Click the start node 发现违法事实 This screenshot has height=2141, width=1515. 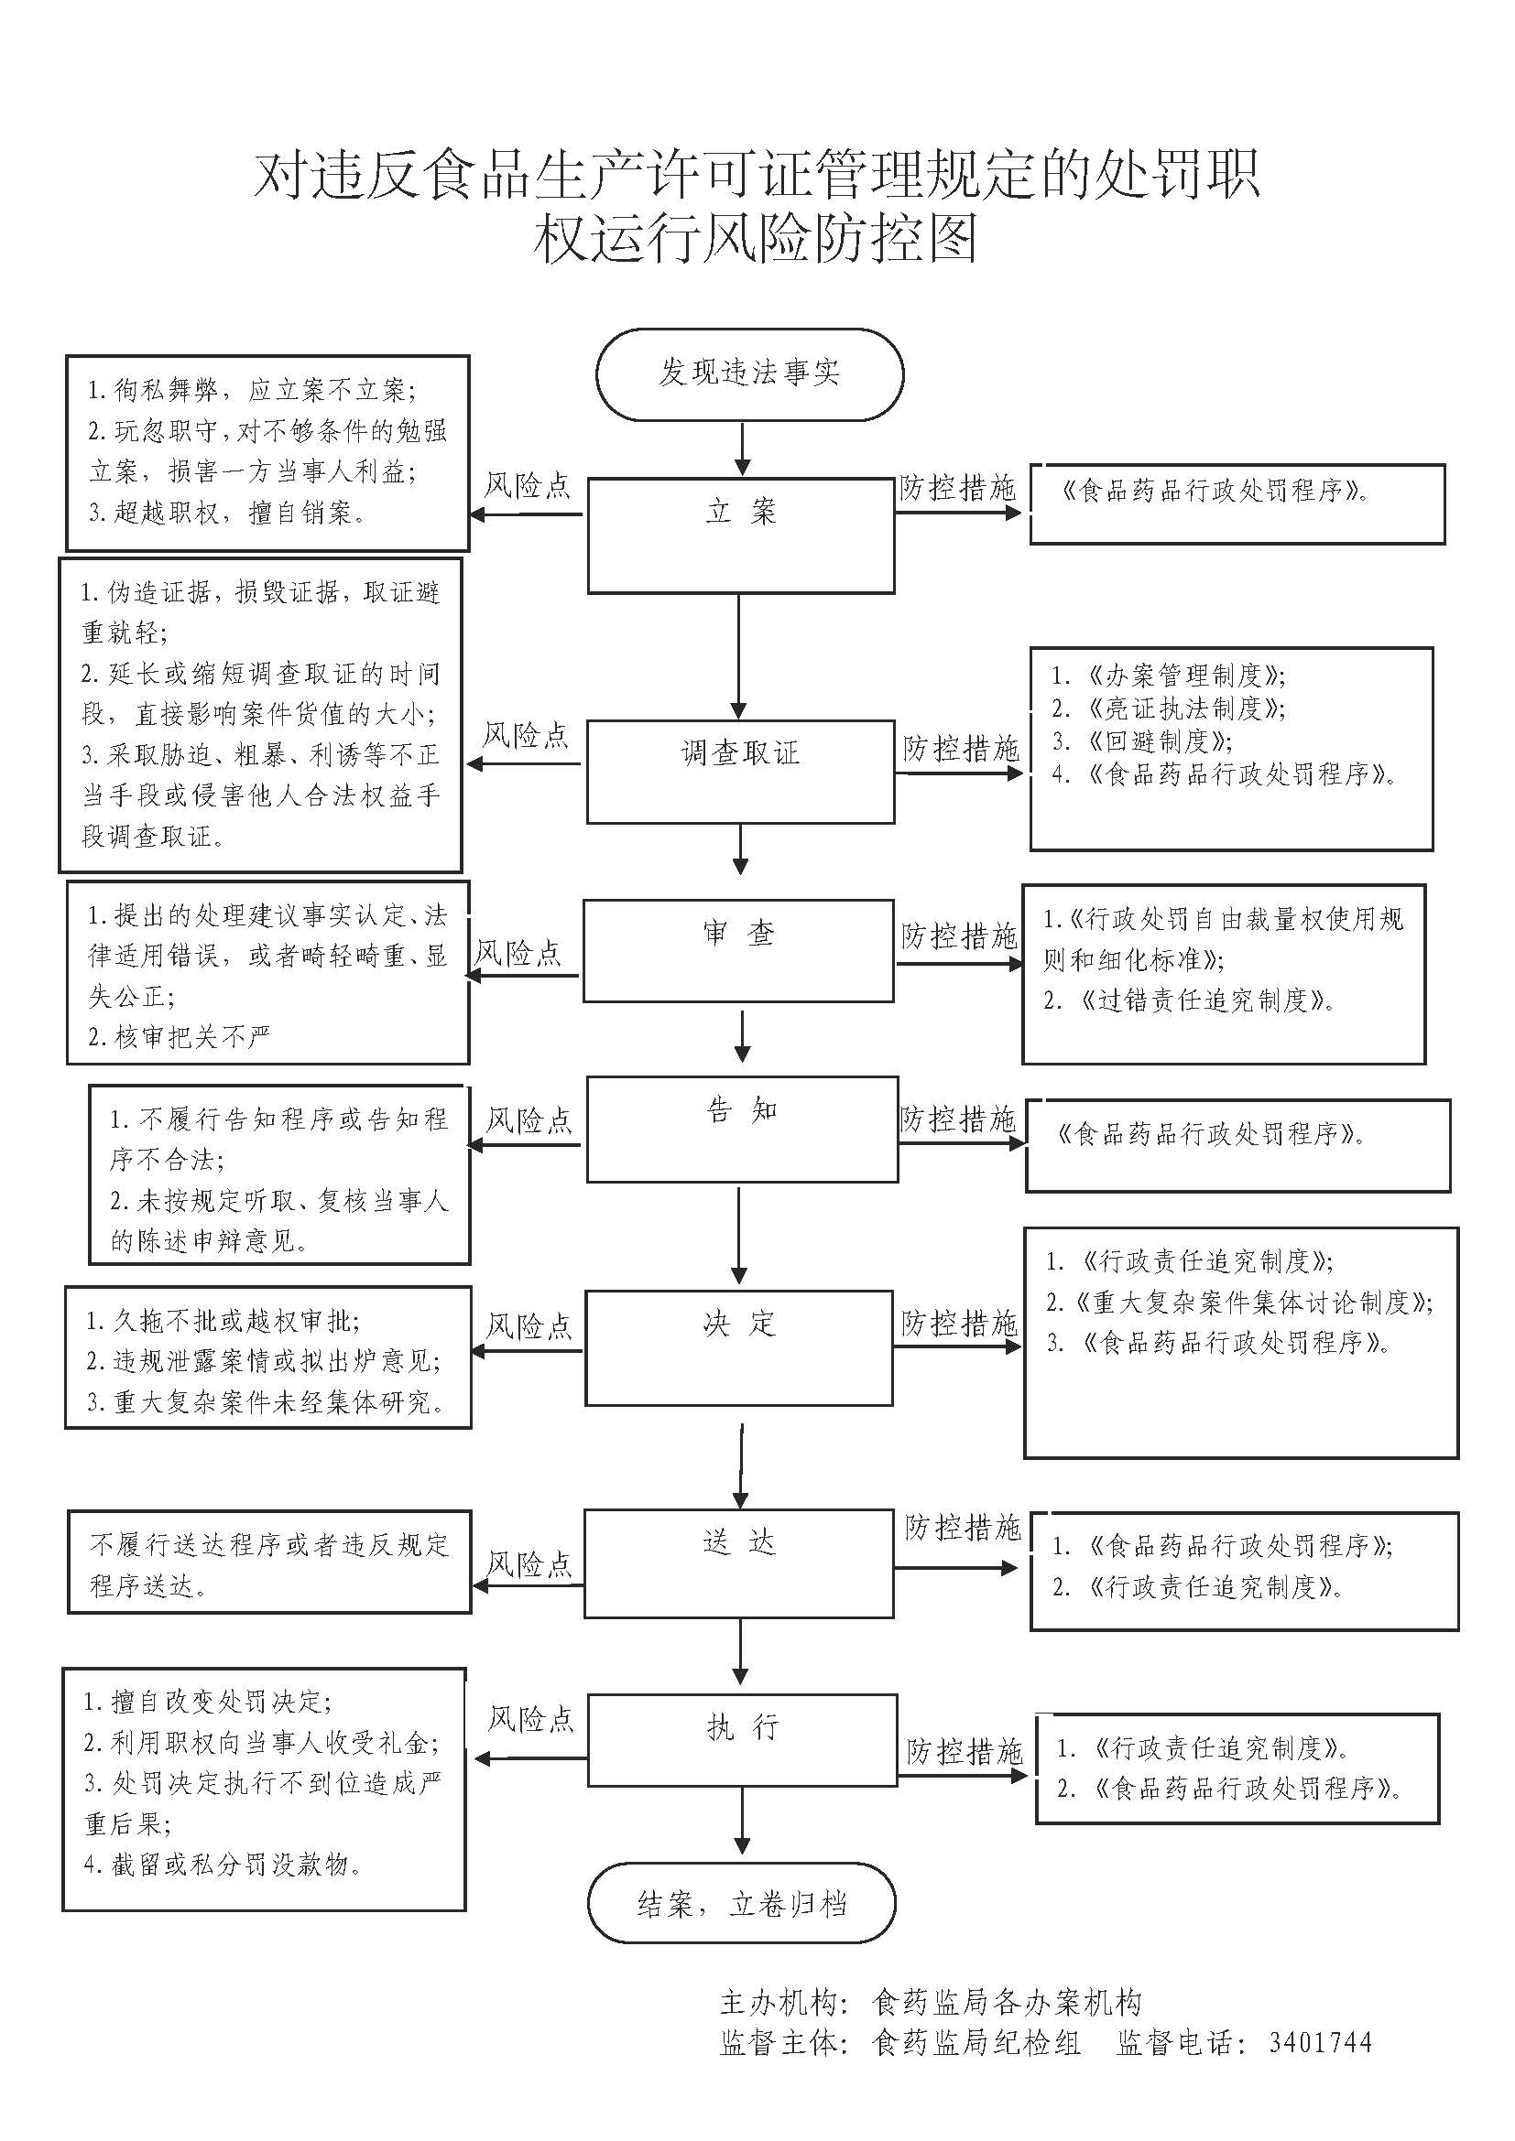[749, 373]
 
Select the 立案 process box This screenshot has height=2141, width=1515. [741, 535]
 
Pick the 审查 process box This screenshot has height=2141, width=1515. [739, 950]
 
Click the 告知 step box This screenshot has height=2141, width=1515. [742, 1129]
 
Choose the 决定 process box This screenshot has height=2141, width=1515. [739, 1346]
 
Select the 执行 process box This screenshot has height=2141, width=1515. [742, 1740]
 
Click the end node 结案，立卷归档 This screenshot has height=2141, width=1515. [742, 1903]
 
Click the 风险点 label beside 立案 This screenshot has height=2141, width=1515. [527, 486]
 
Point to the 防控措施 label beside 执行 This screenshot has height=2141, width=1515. [965, 1751]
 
